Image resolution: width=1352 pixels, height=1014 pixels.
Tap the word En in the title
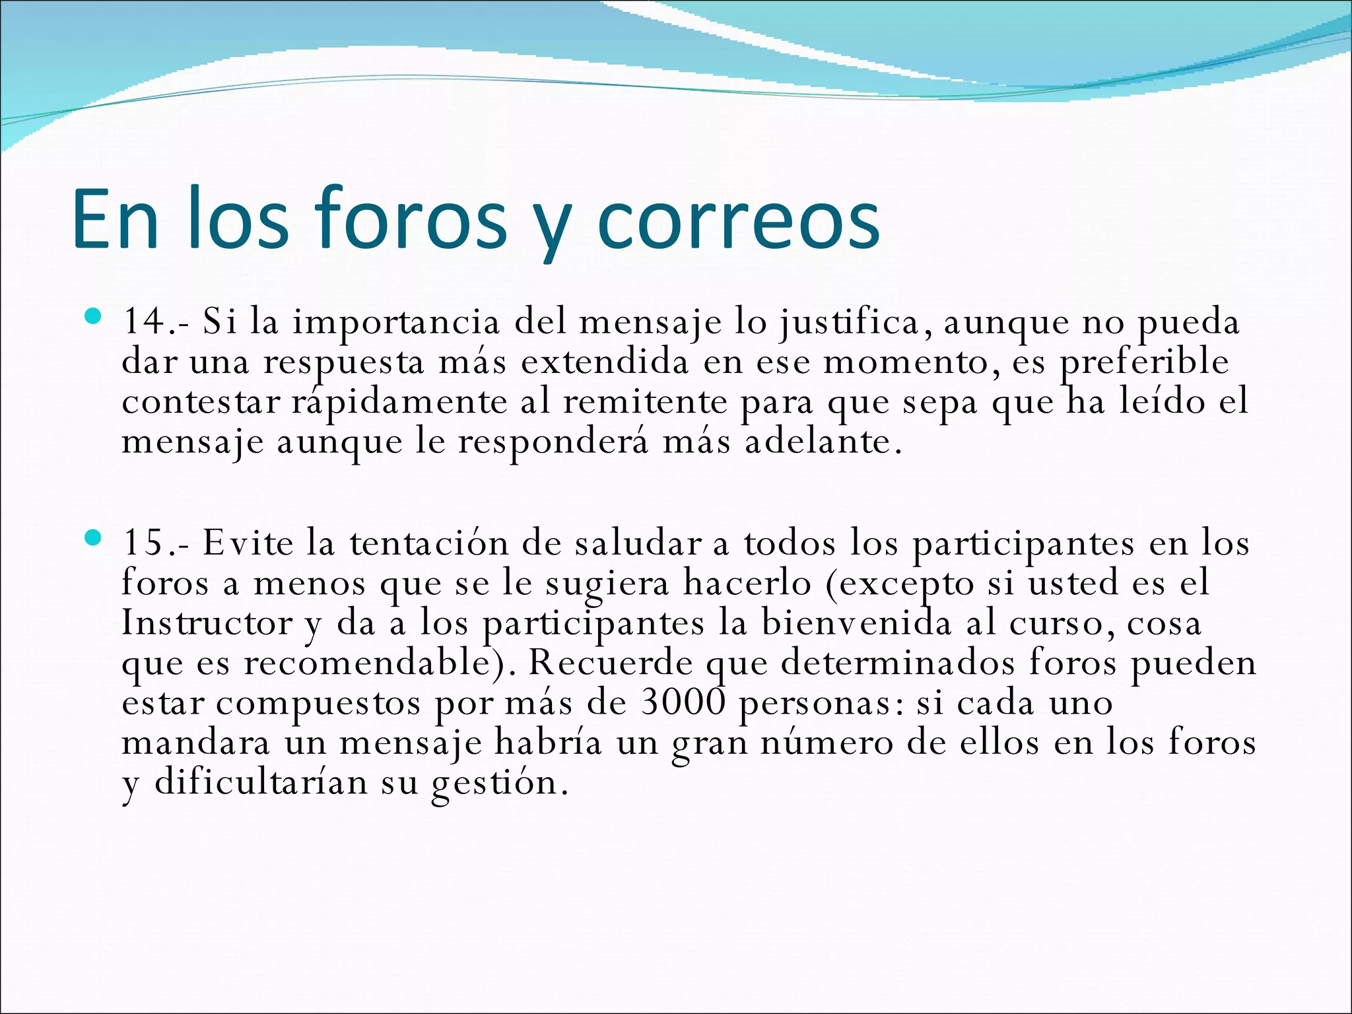(x=116, y=219)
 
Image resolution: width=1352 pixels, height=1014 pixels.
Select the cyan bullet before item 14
(x=93, y=318)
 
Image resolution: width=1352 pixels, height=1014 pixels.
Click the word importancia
(x=396, y=323)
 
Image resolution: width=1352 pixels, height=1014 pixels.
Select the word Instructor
(x=207, y=623)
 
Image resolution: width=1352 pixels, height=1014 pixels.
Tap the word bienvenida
(x=856, y=623)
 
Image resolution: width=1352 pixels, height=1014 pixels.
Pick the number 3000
(x=683, y=702)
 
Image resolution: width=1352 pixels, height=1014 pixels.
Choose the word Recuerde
(x=611, y=663)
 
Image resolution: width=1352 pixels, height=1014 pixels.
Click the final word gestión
(x=499, y=784)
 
